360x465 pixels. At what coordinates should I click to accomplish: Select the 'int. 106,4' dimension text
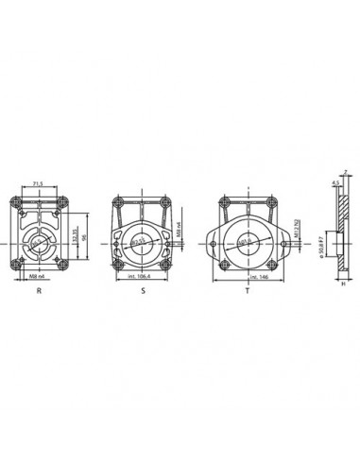click(142, 279)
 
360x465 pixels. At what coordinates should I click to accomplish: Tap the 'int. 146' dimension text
click(249, 279)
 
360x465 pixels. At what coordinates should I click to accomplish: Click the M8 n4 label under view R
click(39, 278)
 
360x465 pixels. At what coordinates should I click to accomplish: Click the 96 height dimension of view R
click(85, 239)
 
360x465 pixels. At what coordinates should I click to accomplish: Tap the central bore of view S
click(142, 240)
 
